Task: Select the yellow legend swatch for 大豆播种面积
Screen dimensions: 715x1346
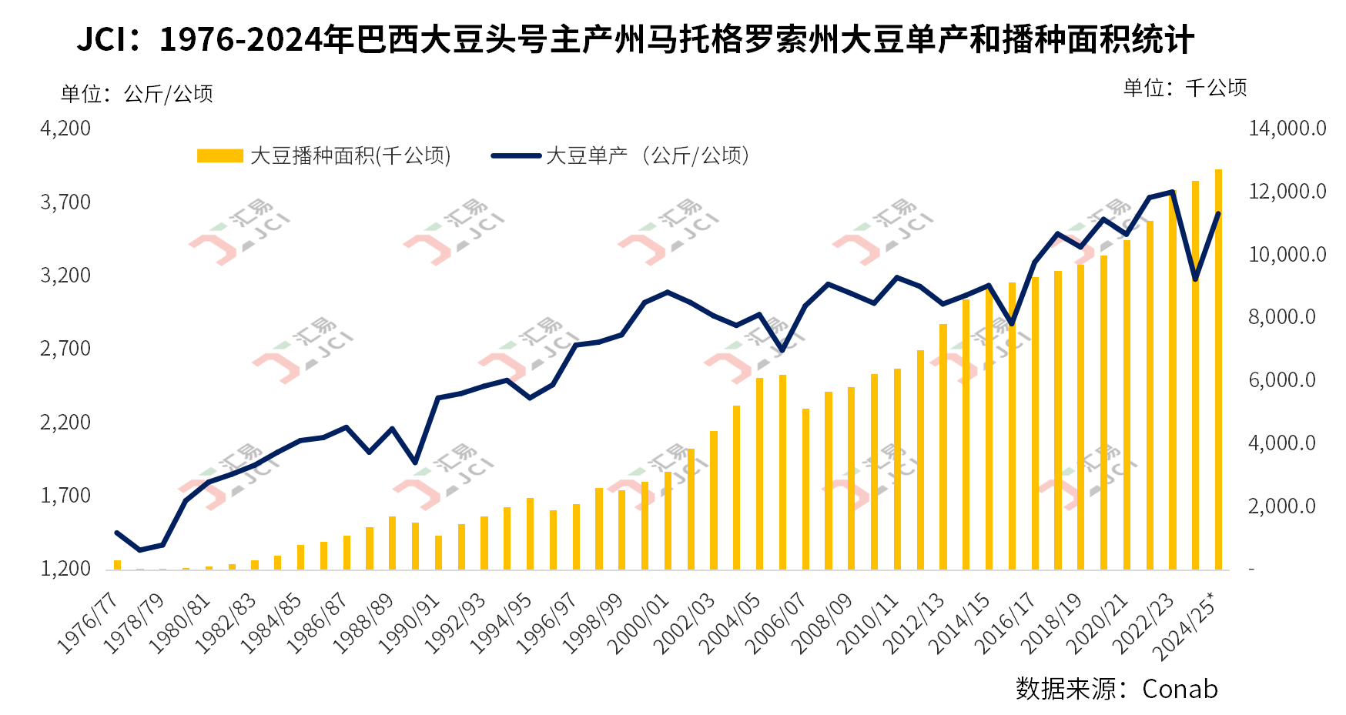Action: click(219, 155)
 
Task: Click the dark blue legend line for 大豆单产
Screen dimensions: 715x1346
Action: click(516, 155)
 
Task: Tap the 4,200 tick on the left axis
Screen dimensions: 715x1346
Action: click(65, 128)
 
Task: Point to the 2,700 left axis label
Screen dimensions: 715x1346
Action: click(65, 349)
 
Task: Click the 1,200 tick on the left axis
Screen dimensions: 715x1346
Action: click(65, 569)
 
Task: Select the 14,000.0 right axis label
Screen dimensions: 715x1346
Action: click(1287, 128)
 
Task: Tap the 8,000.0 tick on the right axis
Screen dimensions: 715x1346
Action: click(1281, 317)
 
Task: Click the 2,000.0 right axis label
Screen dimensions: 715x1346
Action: click(1281, 506)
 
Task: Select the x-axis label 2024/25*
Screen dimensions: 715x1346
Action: click(1187, 626)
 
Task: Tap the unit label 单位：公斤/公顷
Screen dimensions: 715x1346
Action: click(137, 94)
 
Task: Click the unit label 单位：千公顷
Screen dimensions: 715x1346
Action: click(1185, 88)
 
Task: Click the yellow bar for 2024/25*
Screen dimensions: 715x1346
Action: click(1219, 369)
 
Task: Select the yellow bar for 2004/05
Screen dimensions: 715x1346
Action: click(759, 473)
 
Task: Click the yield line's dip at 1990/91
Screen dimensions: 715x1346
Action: click(416, 462)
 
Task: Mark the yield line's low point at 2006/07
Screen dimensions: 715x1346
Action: click(782, 350)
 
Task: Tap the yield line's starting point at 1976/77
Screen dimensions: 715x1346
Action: click(117, 533)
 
